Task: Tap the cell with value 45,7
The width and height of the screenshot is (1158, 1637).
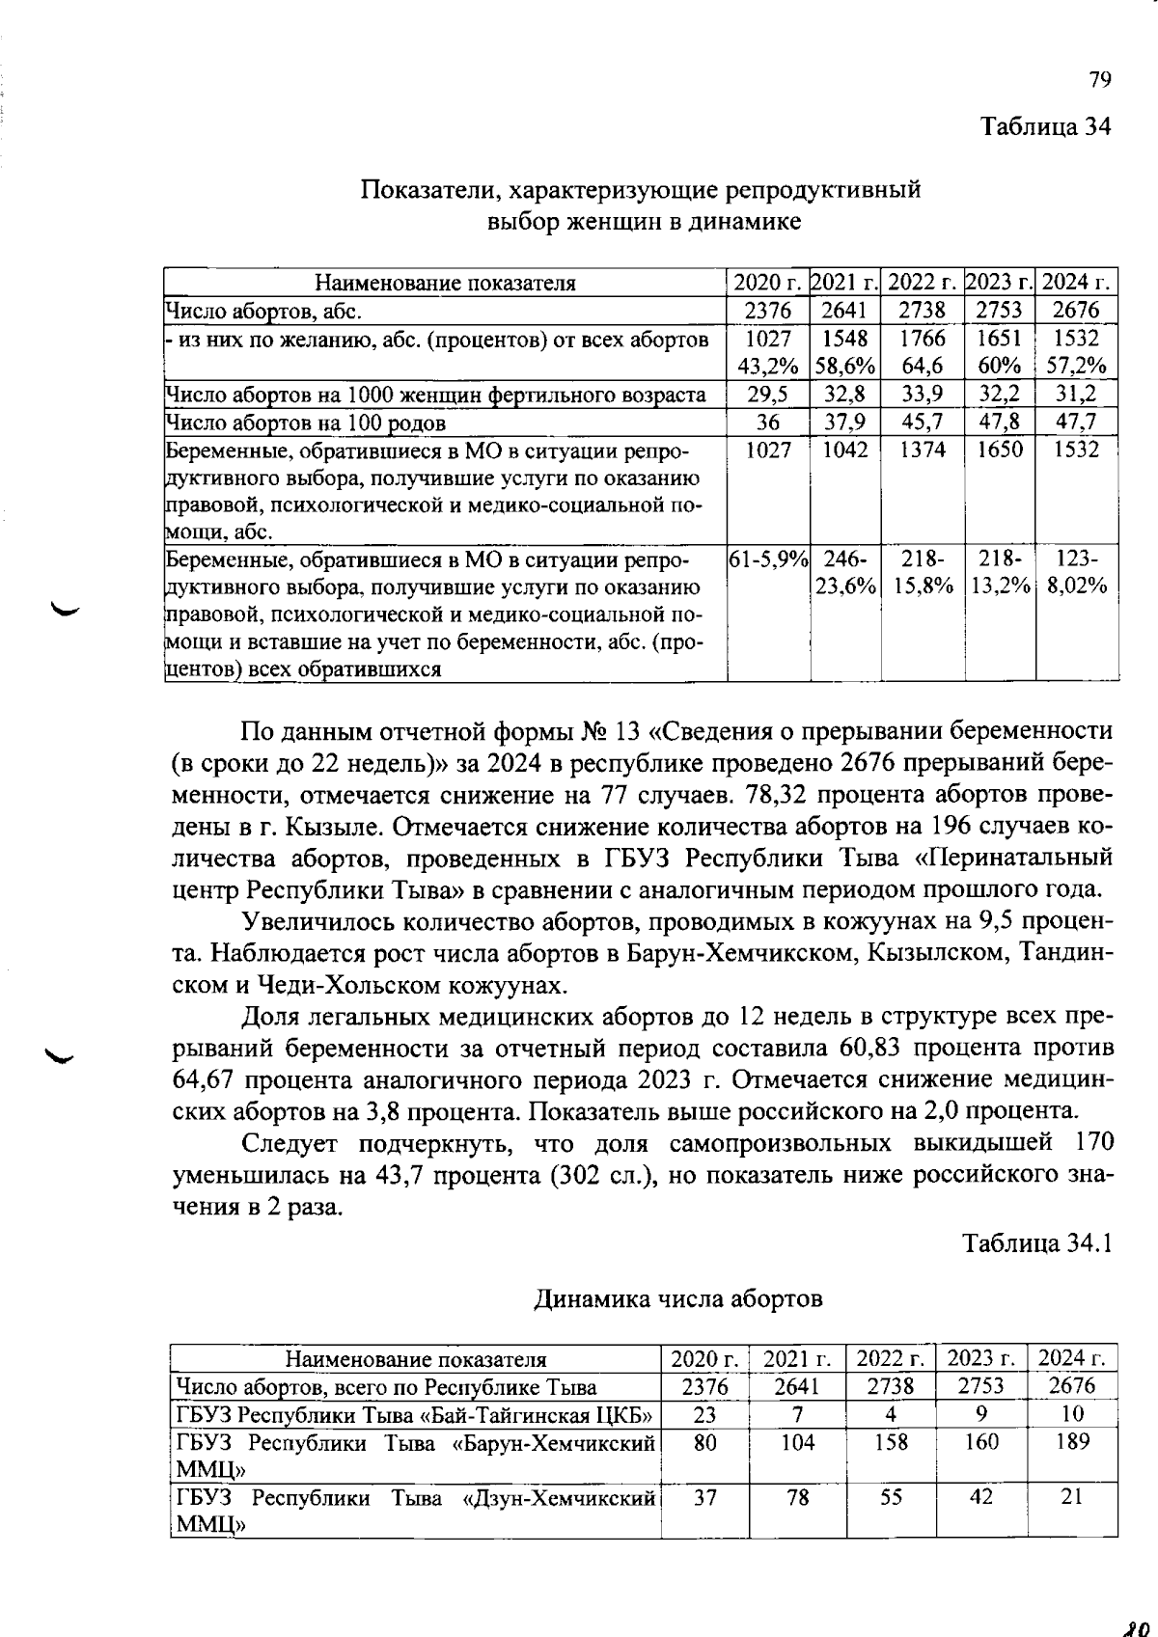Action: tap(922, 422)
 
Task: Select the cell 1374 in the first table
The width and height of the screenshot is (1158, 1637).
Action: tap(922, 450)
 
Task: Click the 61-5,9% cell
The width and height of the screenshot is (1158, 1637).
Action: tap(767, 559)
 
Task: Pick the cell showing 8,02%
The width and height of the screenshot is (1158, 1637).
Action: tap(1077, 586)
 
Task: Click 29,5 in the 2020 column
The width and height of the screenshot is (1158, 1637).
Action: tap(768, 394)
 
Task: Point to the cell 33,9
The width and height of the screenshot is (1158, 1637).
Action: tap(922, 394)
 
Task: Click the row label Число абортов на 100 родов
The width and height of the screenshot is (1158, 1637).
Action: tap(306, 423)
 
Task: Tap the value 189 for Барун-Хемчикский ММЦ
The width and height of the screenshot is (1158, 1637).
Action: tap(1072, 1442)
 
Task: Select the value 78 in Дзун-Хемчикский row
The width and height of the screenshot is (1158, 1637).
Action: tap(797, 1497)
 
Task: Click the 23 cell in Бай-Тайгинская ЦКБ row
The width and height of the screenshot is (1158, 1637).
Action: tap(705, 1414)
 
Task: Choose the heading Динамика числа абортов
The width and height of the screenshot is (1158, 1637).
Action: tap(678, 1299)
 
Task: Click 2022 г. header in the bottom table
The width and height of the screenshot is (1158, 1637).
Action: tap(891, 1359)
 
